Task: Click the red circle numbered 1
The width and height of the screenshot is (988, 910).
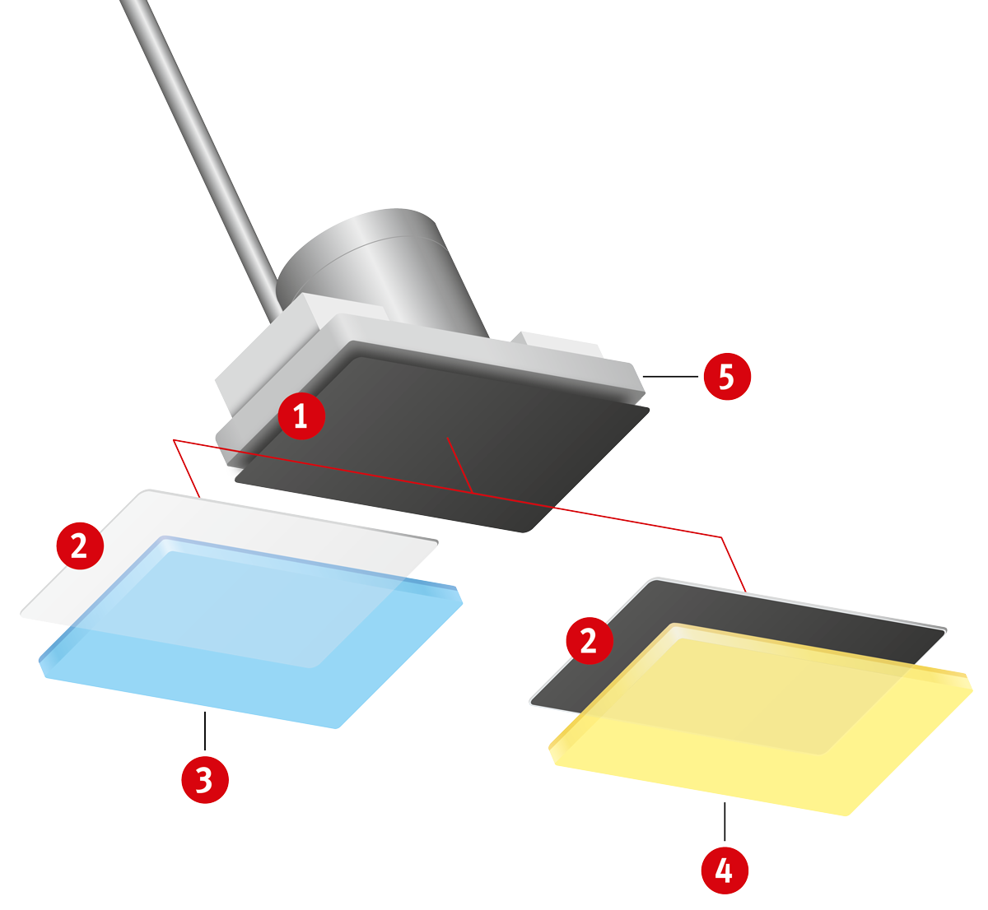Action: tap(301, 416)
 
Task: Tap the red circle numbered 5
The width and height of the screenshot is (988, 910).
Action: tap(727, 377)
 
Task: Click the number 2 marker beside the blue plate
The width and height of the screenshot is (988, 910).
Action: tap(80, 546)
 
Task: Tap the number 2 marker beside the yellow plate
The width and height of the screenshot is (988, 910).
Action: tap(590, 641)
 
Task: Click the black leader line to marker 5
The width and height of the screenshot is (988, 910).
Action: tap(670, 377)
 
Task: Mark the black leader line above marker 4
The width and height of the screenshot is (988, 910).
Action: tap(725, 821)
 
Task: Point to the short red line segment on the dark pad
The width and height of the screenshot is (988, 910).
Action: tap(459, 465)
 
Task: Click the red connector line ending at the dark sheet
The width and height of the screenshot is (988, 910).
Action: tap(734, 564)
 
